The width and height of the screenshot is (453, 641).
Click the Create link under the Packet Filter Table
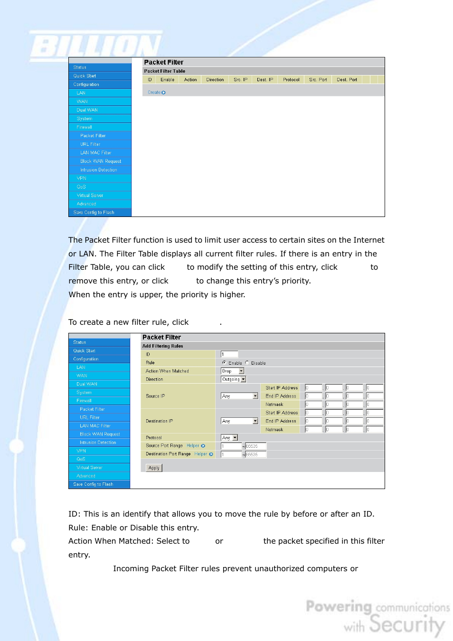click(x=156, y=93)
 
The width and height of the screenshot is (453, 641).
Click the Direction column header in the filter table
click(x=215, y=80)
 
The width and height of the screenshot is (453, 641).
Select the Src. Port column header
click(x=318, y=80)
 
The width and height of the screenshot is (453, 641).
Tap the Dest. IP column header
click(x=264, y=80)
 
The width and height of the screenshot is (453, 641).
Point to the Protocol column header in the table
click(x=291, y=80)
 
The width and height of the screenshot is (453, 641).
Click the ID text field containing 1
click(x=229, y=354)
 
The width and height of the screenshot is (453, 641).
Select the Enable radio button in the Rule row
click(x=224, y=363)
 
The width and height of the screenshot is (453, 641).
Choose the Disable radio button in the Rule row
click(x=247, y=363)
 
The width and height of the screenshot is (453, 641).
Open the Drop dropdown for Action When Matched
click(x=233, y=371)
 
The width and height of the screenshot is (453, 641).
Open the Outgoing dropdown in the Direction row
click(x=234, y=379)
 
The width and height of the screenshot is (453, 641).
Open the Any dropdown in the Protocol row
click(x=229, y=438)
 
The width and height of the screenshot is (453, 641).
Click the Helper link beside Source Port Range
click(x=195, y=446)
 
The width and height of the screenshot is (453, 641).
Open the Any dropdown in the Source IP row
click(x=239, y=396)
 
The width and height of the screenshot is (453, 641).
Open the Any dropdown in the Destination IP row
click(x=239, y=421)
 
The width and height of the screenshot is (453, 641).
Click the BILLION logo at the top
click(x=95, y=46)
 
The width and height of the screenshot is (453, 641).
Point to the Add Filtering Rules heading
click(x=162, y=346)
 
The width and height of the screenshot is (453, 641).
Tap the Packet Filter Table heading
click(x=164, y=71)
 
